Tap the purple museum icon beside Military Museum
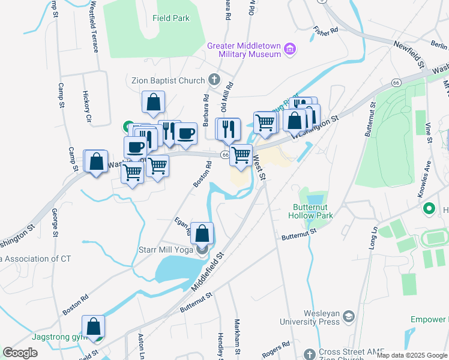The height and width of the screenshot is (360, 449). (x=291, y=48)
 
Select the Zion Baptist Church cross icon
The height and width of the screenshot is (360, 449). (x=214, y=80)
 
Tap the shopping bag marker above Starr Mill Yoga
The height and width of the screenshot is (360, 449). (x=203, y=233)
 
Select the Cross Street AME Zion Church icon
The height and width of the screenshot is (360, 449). (x=309, y=354)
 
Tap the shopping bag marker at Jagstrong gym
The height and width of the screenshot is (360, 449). (x=94, y=326)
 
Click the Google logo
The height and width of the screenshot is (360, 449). (x=20, y=353)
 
